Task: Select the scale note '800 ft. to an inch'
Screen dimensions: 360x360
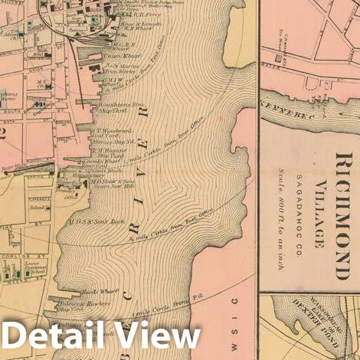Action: (x=294, y=208)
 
